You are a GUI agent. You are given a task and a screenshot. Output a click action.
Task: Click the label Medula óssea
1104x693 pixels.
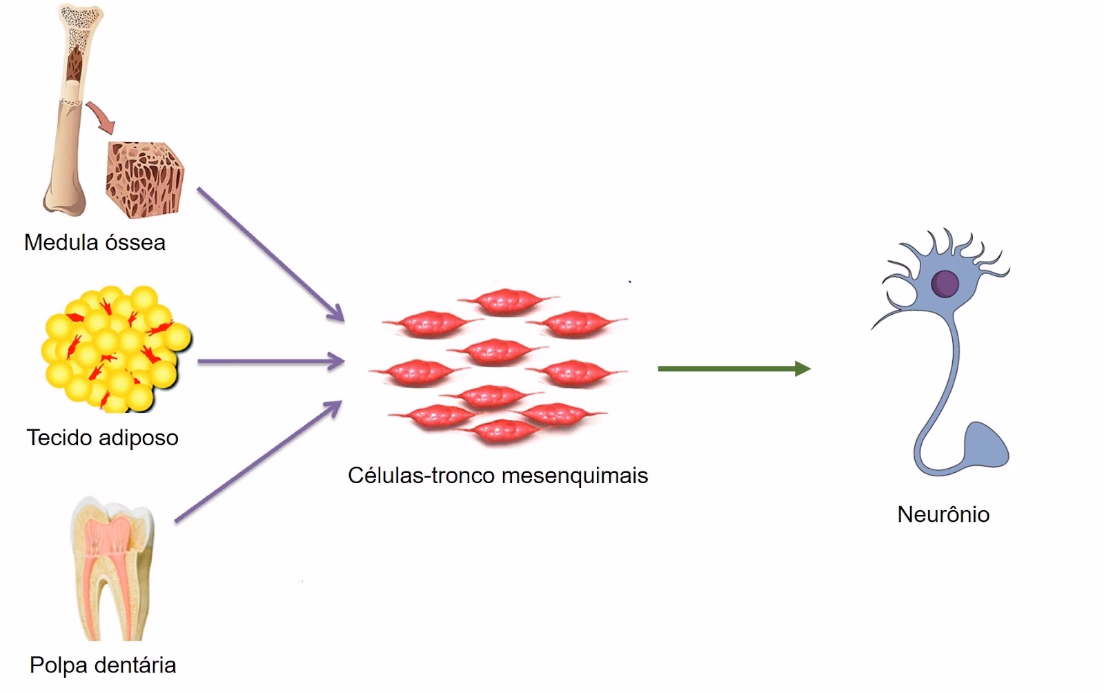(x=95, y=242)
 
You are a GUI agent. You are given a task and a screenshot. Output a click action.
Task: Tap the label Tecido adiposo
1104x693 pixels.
(x=102, y=438)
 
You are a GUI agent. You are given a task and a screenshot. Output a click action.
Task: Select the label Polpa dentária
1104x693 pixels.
(x=103, y=665)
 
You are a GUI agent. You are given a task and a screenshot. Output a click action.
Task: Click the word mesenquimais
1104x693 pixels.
(x=575, y=476)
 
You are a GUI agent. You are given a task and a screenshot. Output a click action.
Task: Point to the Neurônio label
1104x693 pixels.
(x=943, y=514)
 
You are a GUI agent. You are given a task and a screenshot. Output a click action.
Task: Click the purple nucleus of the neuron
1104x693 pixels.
(x=945, y=283)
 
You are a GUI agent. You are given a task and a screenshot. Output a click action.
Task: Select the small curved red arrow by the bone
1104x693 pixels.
(x=102, y=117)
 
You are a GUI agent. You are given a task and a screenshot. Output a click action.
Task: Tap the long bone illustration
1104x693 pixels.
(x=69, y=110)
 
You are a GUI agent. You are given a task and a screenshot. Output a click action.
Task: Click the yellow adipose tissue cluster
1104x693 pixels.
(x=114, y=349)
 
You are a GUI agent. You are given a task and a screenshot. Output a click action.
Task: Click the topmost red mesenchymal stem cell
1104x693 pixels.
(x=506, y=301)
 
